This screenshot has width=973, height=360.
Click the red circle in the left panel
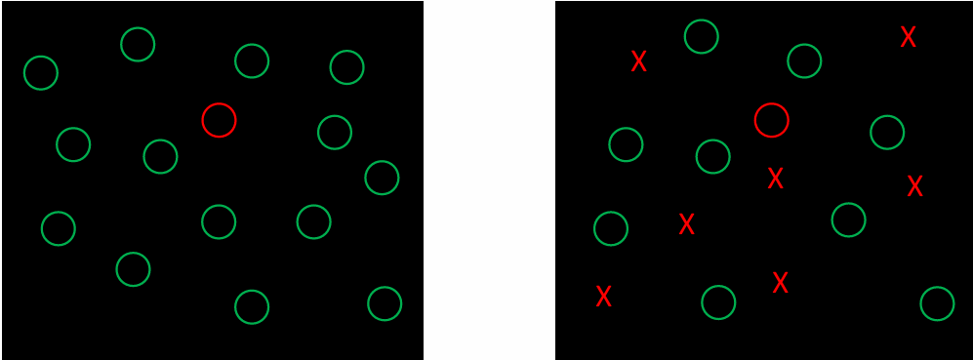(x=219, y=120)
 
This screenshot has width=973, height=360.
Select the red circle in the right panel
(x=771, y=120)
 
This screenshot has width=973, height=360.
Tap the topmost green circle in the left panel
(x=138, y=44)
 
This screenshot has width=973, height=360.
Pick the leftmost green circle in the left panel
(x=41, y=72)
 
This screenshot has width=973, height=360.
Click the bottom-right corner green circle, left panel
(x=385, y=303)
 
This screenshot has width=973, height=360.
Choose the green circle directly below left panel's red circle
(x=219, y=221)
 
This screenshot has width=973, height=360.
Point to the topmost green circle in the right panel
(x=702, y=36)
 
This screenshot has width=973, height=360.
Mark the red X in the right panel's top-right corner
(x=908, y=37)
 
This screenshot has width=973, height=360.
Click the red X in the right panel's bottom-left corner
(x=603, y=296)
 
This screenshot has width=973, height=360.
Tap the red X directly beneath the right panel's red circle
(x=775, y=179)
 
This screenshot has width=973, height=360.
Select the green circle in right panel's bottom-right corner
(x=937, y=303)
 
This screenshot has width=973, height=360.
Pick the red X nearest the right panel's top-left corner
(x=639, y=61)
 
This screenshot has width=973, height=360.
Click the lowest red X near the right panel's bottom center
(x=780, y=283)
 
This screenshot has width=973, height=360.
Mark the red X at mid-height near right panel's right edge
(x=914, y=186)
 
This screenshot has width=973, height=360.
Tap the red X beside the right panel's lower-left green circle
(x=686, y=224)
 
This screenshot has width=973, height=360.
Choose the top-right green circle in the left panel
(x=346, y=67)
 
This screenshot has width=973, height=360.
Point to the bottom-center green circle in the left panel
(x=252, y=306)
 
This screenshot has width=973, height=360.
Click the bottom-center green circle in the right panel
(x=718, y=302)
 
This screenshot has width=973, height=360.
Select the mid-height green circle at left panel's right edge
(x=382, y=178)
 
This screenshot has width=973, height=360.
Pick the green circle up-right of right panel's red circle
(x=804, y=60)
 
